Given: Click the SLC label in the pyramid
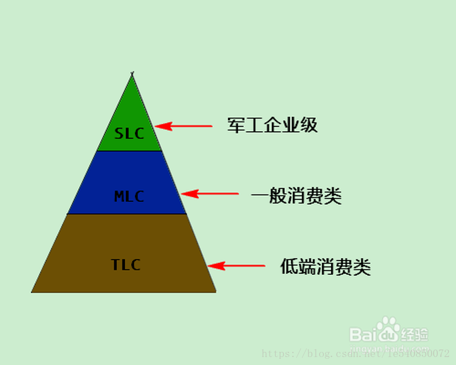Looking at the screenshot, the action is click(x=129, y=133).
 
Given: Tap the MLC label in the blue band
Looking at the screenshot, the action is click(x=129, y=197).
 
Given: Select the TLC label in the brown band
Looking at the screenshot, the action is click(x=125, y=265).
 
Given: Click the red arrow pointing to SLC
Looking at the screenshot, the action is click(x=184, y=126).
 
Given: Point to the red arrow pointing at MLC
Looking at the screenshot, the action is click(x=210, y=194).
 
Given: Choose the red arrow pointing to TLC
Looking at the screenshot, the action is click(x=236, y=266).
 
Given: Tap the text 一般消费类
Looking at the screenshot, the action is click(x=296, y=197).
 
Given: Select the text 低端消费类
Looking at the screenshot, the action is click(x=325, y=266).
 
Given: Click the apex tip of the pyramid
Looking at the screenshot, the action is click(x=132, y=74).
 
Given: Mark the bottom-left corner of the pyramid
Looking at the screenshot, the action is click(x=32, y=292).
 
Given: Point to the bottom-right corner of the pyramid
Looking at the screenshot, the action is click(x=216, y=292).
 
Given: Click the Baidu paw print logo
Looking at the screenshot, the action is click(x=389, y=330).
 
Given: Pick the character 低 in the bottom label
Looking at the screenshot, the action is click(x=290, y=266).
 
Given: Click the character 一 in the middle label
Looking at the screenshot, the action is click(x=260, y=197).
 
